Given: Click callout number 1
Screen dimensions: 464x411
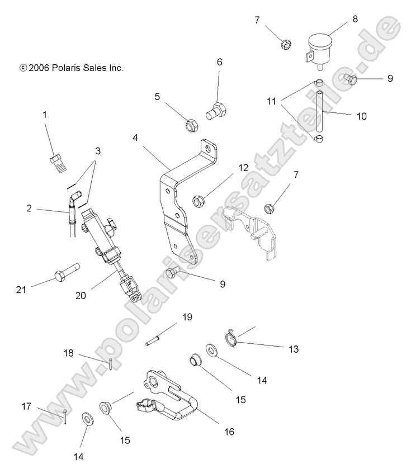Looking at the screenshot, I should click(45, 115).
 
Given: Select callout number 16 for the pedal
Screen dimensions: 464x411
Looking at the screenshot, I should click(229, 432).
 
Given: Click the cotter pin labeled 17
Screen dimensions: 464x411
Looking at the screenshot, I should click(66, 416).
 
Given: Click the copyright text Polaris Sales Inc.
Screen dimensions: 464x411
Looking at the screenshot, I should click(71, 68).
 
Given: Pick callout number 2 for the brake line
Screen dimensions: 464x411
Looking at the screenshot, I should click(29, 209).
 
